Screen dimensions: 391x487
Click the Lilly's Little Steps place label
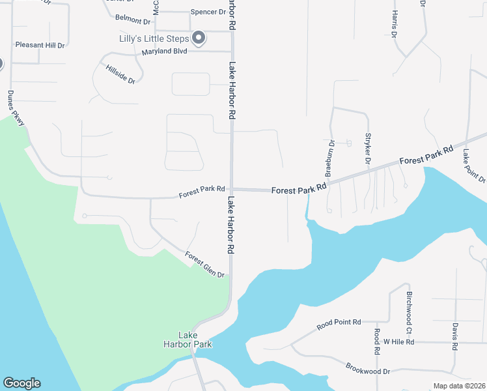point(155,38)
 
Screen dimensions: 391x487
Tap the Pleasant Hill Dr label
point(40,46)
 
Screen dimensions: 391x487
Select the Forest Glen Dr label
point(204,265)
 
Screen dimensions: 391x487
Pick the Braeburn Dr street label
point(329,158)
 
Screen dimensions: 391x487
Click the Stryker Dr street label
point(368,149)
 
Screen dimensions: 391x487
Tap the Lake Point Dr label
point(473,166)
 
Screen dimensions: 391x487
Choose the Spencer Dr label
point(208,12)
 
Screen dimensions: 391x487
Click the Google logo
point(21,383)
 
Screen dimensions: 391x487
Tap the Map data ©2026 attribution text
point(458,386)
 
